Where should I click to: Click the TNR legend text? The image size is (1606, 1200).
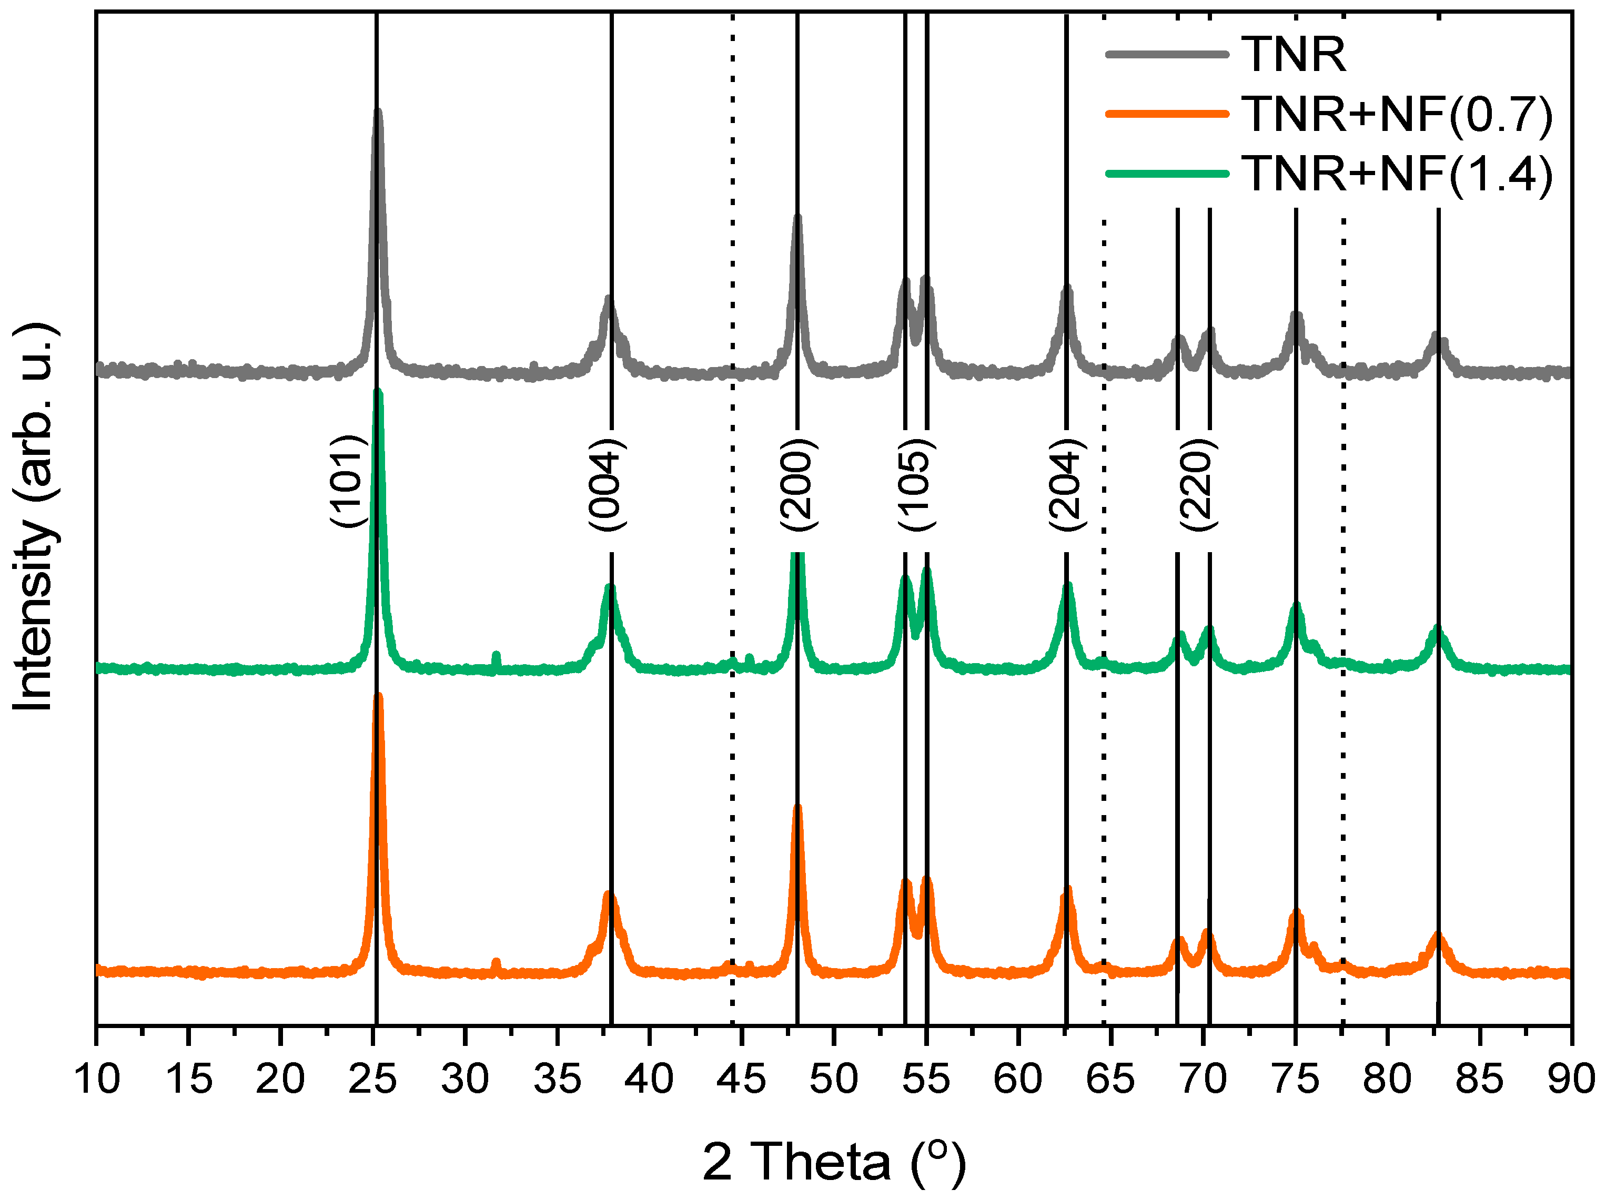[1293, 55]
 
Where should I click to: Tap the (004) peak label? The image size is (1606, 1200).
[605, 485]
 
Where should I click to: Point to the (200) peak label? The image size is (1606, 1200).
[798, 485]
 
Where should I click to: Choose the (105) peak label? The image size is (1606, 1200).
[915, 485]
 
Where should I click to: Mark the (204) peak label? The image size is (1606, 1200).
[1066, 485]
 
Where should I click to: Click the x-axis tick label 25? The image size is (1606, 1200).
[372, 1080]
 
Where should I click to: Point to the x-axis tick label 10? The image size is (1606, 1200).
[97, 1080]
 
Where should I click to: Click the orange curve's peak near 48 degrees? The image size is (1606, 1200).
[797, 807]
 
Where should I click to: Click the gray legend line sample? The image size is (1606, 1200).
[1167, 55]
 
